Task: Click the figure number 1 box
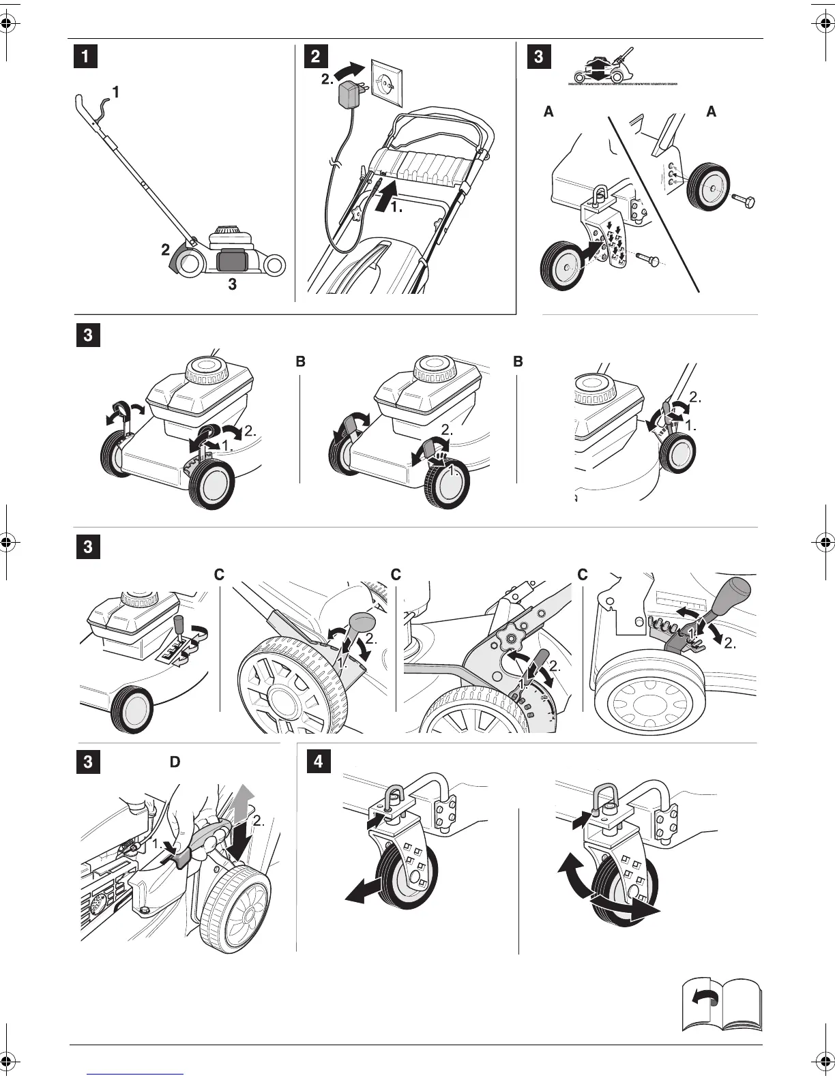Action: point(85,57)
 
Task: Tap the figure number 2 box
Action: point(315,57)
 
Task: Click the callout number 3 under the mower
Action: point(232,284)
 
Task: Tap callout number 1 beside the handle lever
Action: point(116,91)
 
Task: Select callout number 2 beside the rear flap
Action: point(166,250)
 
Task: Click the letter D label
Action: point(175,762)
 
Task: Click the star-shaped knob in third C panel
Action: point(508,640)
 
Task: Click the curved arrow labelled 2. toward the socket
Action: point(352,71)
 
